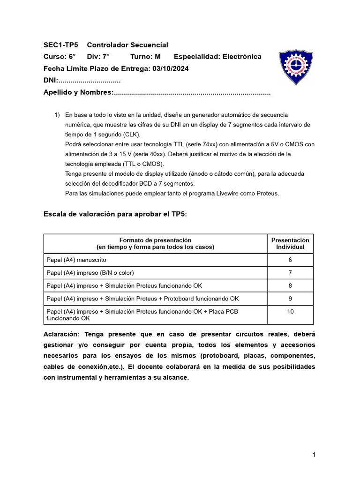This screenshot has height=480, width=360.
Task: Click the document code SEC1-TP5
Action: (61, 45)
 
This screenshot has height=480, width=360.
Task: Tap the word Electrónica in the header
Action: (241, 57)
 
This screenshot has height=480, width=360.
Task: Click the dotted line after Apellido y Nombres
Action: (192, 92)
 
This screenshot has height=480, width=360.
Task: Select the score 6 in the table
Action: (290, 260)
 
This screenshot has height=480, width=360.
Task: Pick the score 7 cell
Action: (290, 272)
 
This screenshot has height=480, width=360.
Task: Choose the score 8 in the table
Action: (290, 285)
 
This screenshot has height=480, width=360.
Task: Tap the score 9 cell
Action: (290, 298)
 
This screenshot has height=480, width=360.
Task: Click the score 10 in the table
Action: (290, 311)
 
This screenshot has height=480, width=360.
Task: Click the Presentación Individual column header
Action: (290, 243)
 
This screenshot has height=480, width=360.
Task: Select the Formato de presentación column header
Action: (155, 243)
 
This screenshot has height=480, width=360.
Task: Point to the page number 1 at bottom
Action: (314, 455)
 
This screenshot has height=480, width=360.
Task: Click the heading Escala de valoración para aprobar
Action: (115, 214)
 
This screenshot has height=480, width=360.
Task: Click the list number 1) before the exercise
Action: (57, 115)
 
